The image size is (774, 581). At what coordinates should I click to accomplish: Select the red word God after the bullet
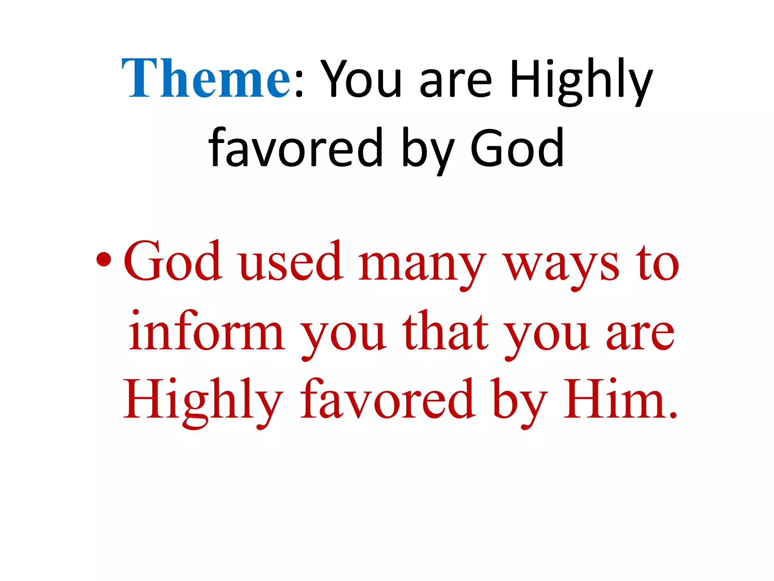tap(172, 261)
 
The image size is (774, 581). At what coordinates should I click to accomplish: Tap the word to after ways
tap(657, 263)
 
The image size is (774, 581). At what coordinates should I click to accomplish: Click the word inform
tap(206, 331)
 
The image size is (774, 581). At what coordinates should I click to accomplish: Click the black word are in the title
tap(455, 81)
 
